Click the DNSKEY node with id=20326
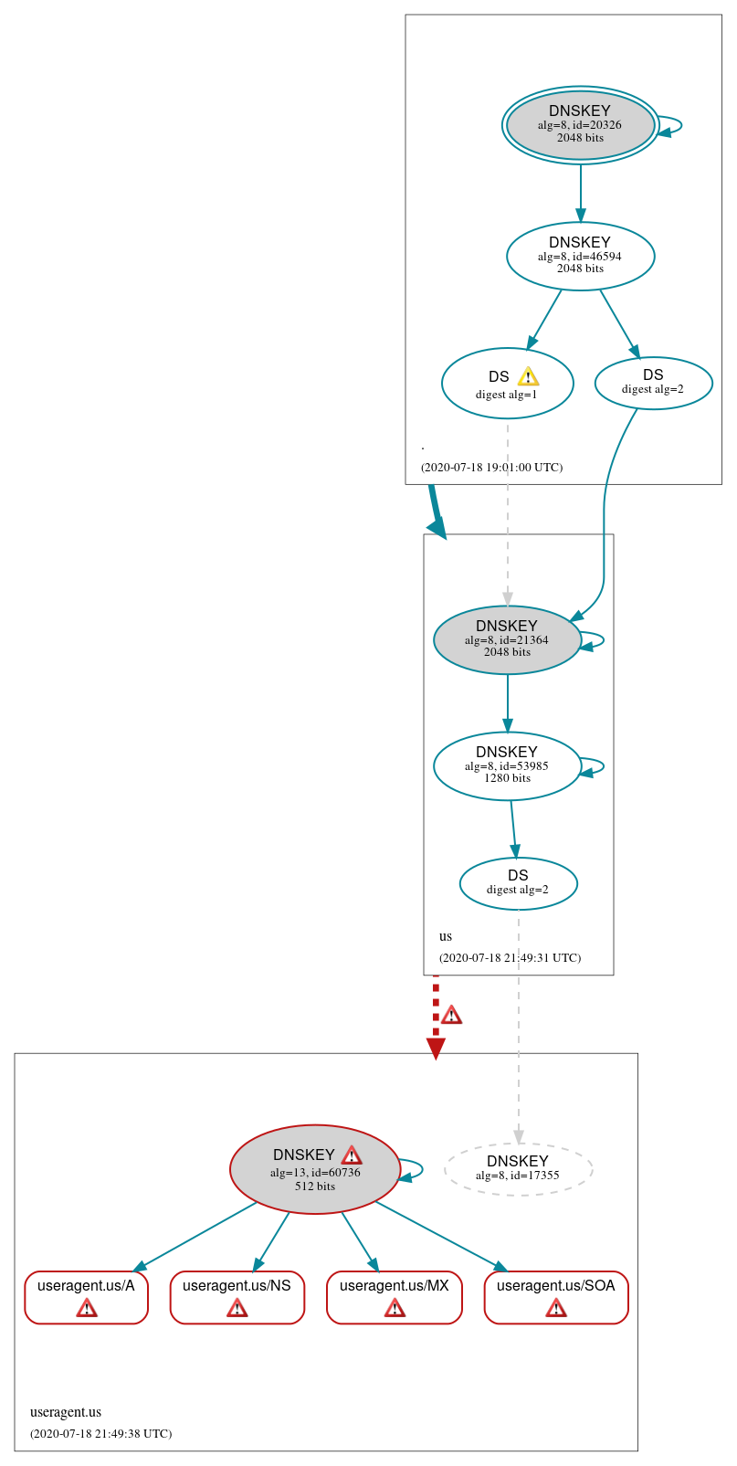pos(580,125)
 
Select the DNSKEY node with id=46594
pos(580,256)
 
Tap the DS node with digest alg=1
pos(507,384)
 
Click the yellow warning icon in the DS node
pos(528,376)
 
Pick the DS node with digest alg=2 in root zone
pos(653,383)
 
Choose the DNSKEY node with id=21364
pos(507,639)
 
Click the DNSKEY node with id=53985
pos(507,765)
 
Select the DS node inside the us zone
pos(518,883)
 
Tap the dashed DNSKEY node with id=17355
pos(518,1168)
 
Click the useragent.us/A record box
pos(86,1296)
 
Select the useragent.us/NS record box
pos(237,1296)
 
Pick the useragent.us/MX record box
pos(394,1296)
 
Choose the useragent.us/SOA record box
pos(555,1296)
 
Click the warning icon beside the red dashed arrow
pos(451,1015)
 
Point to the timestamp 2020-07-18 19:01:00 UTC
pos(491,468)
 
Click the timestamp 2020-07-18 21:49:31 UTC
pos(510,958)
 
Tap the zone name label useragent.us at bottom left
pos(66,1412)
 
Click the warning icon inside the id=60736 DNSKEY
pos(352,1155)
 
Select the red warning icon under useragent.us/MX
pos(395,1309)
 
